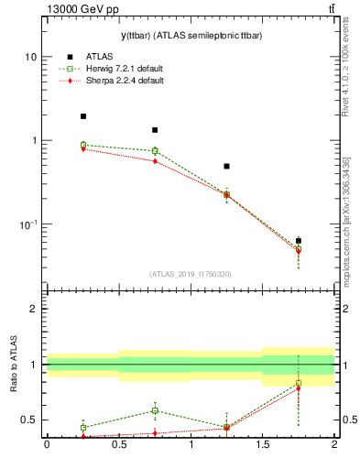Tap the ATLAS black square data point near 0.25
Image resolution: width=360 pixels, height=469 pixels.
tap(82, 116)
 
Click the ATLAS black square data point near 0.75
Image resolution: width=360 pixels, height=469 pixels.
tap(155, 130)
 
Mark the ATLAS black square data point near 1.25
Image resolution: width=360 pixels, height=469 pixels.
tap(226, 167)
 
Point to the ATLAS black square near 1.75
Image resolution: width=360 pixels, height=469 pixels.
tap(299, 240)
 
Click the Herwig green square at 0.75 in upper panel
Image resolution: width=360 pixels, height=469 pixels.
tap(155, 150)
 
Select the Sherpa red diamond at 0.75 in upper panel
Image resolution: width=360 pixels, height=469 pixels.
tap(155, 161)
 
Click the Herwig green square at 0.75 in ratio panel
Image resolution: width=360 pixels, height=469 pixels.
tap(155, 410)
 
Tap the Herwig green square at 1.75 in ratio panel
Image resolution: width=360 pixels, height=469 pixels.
tap(299, 383)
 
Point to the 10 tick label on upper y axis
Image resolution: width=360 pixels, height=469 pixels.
tap(31, 57)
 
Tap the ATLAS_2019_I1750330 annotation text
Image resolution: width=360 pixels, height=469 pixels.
tap(190, 274)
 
